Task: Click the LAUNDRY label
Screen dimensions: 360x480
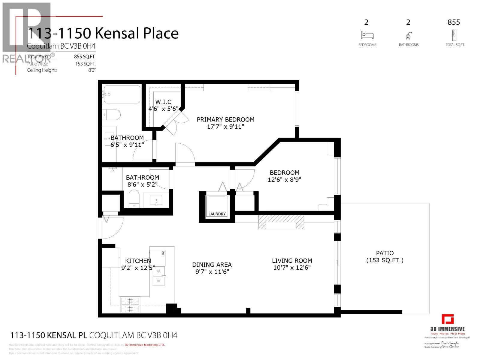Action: click(x=217, y=214)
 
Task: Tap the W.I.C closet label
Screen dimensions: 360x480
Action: click(x=163, y=102)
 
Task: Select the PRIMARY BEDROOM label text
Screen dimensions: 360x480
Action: click(x=226, y=119)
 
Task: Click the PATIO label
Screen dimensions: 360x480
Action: click(x=385, y=253)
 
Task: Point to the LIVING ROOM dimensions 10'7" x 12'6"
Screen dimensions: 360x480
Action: click(x=292, y=268)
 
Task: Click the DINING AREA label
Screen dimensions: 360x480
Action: click(x=212, y=265)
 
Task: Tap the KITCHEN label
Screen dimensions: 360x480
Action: click(x=138, y=261)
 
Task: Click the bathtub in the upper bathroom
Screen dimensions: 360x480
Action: click(x=122, y=94)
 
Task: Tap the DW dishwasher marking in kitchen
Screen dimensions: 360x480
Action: click(x=163, y=253)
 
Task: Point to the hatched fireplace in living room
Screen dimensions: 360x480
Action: click(x=281, y=222)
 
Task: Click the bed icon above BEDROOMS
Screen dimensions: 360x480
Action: click(x=367, y=35)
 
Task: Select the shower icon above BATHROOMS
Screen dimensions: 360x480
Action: click(x=409, y=36)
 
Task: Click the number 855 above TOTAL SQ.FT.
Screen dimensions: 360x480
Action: click(x=454, y=22)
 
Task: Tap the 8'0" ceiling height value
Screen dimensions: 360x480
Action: click(x=91, y=70)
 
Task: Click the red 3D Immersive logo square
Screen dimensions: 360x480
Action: click(x=448, y=319)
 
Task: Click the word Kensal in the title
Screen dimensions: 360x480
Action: click(x=117, y=33)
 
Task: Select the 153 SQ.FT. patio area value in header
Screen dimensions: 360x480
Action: click(x=85, y=64)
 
